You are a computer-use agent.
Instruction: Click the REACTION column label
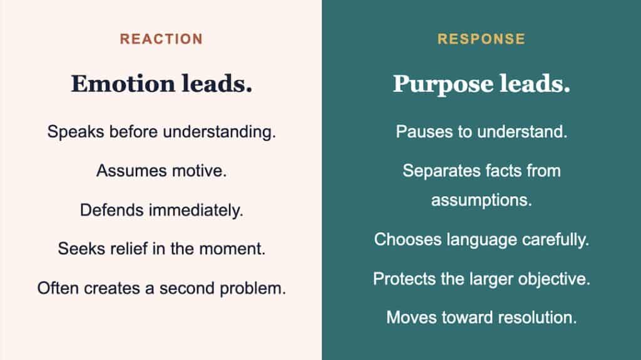click(161, 39)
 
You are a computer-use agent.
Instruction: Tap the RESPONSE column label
click(481, 39)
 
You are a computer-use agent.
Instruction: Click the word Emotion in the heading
click(123, 83)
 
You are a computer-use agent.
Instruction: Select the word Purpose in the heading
click(444, 85)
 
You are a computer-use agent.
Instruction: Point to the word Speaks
click(76, 132)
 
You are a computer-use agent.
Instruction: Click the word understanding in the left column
click(219, 132)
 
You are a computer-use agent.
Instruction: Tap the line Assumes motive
click(162, 170)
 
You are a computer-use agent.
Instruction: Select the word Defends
click(111, 210)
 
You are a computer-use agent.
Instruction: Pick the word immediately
click(196, 211)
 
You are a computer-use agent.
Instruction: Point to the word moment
click(232, 249)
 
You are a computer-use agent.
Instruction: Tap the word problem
click(253, 289)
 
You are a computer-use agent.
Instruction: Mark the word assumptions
click(481, 200)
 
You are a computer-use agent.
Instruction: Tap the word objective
click(555, 279)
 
